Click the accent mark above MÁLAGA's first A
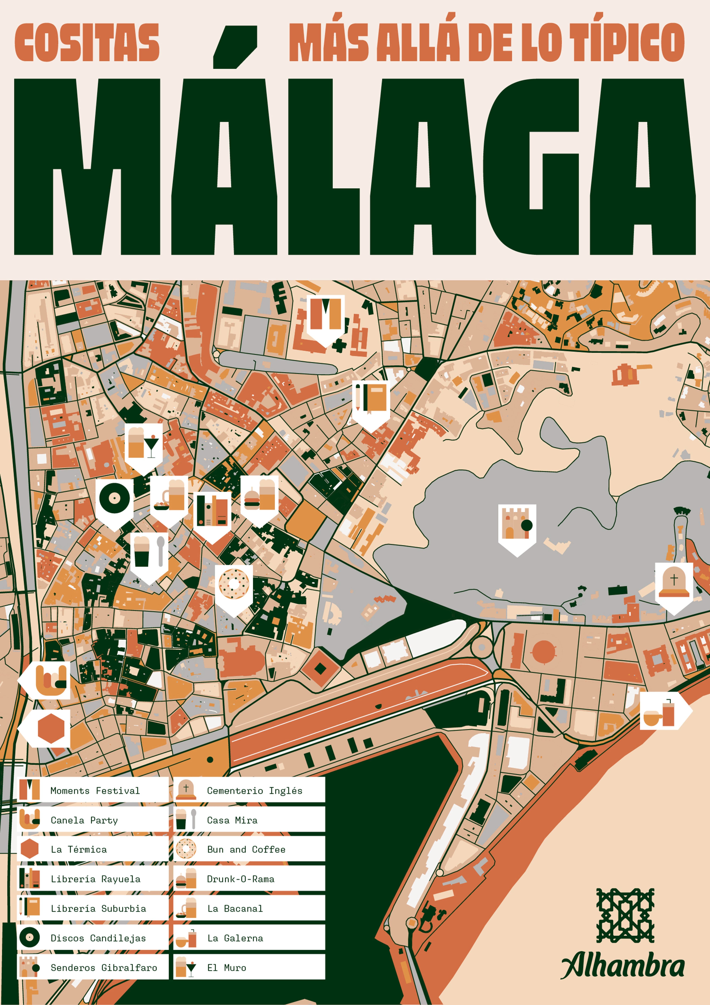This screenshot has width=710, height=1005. [x=235, y=46]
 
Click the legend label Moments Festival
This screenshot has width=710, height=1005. [x=95, y=790]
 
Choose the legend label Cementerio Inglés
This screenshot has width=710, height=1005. [x=255, y=790]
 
